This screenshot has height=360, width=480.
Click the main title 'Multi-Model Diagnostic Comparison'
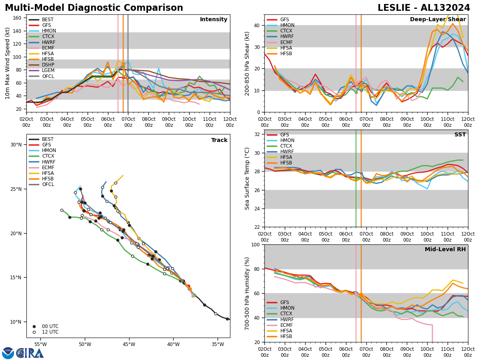pyautogui.click(x=94, y=8)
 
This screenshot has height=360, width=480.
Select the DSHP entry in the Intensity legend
pyautogui.click(x=48, y=65)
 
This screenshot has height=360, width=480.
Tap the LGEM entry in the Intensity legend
pyautogui.click(x=48, y=70)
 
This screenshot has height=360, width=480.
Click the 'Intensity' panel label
pyautogui.click(x=214, y=20)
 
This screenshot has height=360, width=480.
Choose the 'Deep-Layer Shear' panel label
pyautogui.click(x=438, y=20)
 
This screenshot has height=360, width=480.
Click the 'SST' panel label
pyautogui.click(x=460, y=135)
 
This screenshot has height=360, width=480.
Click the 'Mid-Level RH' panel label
pyautogui.click(x=445, y=250)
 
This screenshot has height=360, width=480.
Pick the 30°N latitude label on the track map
pyautogui.click(x=16, y=145)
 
